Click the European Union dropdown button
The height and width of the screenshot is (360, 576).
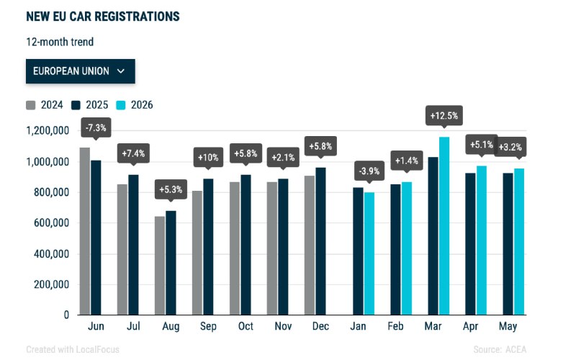pyautogui.click(x=81, y=71)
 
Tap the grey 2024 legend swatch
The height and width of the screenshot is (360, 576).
pyautogui.click(x=31, y=105)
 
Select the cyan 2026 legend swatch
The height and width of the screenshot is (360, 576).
pyautogui.click(x=121, y=105)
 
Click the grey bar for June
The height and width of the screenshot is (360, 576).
pyautogui.click(x=85, y=231)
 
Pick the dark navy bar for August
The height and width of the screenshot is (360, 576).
pyautogui.click(x=171, y=263)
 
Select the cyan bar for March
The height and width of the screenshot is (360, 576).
pyautogui.click(x=444, y=226)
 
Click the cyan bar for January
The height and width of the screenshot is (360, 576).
pyautogui.click(x=369, y=253)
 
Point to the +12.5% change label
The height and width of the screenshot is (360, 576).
pyautogui.click(x=444, y=116)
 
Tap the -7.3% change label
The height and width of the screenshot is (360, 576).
pyautogui.click(x=96, y=128)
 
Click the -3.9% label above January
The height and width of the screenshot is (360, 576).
pyautogui.click(x=369, y=171)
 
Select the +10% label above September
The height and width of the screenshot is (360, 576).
pyautogui.click(x=208, y=157)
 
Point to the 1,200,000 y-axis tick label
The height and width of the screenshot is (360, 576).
pyautogui.click(x=48, y=131)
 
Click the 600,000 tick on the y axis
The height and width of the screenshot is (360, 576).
pyautogui.click(x=51, y=223)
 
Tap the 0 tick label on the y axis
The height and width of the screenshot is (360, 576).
pyautogui.click(x=66, y=315)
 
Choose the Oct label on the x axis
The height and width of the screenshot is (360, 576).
pyautogui.click(x=246, y=326)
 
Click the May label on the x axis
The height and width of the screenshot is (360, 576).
pyautogui.click(x=508, y=326)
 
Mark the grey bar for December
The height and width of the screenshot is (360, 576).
pyautogui.click(x=310, y=246)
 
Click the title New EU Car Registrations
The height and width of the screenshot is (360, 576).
pyautogui.click(x=103, y=17)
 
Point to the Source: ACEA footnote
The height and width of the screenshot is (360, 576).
pyautogui.click(x=500, y=349)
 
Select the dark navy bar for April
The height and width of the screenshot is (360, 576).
pyautogui.click(x=470, y=244)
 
